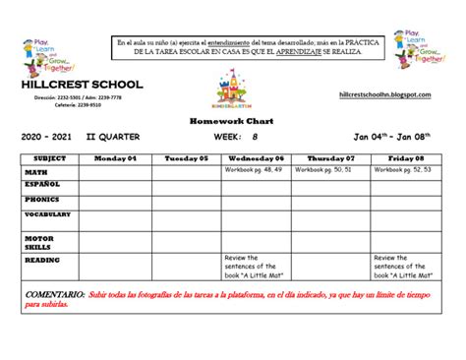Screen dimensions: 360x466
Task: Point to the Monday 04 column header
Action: coord(115,158)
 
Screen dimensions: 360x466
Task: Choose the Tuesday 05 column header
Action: coord(187,158)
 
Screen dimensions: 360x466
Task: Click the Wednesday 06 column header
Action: coord(259,158)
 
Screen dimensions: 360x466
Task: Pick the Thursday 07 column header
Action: coord(331,158)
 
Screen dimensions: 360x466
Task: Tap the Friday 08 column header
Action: coord(405,158)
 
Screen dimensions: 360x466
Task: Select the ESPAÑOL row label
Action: coord(42,184)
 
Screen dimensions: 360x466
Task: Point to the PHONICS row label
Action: coord(42,199)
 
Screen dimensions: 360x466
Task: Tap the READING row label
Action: coord(42,261)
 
